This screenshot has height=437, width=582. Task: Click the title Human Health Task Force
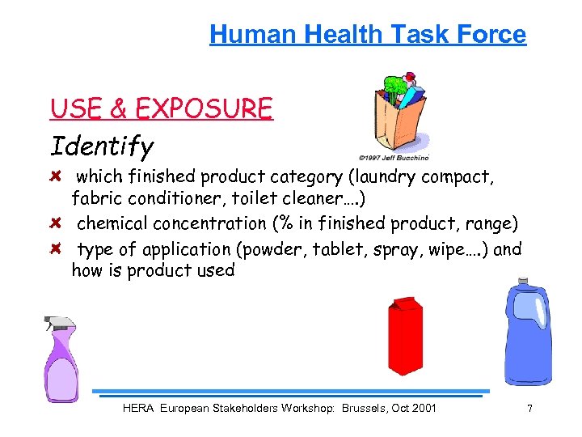(x=368, y=34)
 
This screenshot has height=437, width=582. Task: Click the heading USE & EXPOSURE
(x=162, y=108)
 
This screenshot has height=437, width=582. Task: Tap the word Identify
(x=102, y=146)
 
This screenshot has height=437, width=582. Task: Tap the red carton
(x=406, y=336)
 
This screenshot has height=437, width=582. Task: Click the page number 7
(x=529, y=408)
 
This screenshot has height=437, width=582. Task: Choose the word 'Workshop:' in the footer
(x=306, y=408)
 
